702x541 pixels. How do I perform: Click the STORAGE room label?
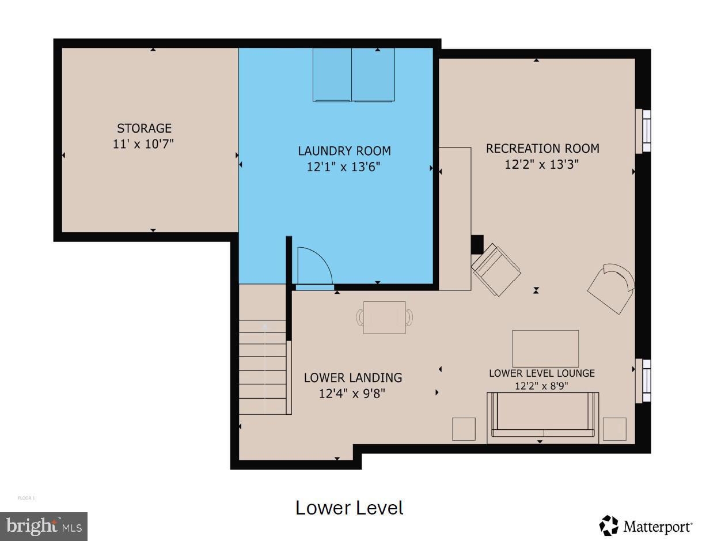click(144, 128)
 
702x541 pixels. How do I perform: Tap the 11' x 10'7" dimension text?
click(143, 143)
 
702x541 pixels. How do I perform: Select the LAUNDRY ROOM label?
click(344, 151)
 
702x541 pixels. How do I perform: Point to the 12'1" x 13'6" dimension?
click(344, 167)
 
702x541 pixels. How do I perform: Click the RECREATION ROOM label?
click(542, 149)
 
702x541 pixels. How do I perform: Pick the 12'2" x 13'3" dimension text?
click(541, 164)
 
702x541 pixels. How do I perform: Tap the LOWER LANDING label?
click(352, 378)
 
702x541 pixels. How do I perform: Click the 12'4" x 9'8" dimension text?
click(352, 394)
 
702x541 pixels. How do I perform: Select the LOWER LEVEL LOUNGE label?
click(541, 373)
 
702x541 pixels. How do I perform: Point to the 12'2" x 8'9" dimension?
click(541, 386)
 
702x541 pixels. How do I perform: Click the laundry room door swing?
click(314, 266)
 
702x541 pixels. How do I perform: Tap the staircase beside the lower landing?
click(263, 367)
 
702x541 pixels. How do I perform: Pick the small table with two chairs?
click(384, 317)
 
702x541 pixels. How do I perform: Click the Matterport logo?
click(646, 525)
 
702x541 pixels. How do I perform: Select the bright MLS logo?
click(44, 527)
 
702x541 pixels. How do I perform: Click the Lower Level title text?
click(349, 508)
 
